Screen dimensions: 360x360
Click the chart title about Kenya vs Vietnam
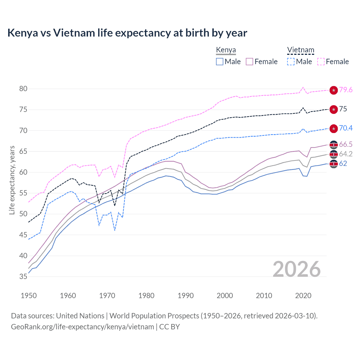pyautogui.click(x=127, y=33)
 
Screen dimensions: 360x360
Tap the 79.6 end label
pyautogui.click(x=346, y=90)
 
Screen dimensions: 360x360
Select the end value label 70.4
pyautogui.click(x=346, y=128)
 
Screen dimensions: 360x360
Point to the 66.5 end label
pyautogui.click(x=346, y=145)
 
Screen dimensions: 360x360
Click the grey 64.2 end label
pyautogui.click(x=346, y=154)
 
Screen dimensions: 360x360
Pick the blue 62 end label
pyautogui.click(x=343, y=164)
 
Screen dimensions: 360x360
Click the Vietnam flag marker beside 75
pyautogui.click(x=334, y=109)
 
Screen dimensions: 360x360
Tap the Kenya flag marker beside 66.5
pyautogui.click(x=334, y=145)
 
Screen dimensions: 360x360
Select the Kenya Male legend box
pyautogui.click(x=220, y=62)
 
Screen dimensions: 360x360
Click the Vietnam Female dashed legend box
pyautogui.click(x=321, y=62)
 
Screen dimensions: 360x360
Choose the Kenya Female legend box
pyautogui.click(x=249, y=62)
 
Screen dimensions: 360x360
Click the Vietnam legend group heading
pyautogui.click(x=300, y=50)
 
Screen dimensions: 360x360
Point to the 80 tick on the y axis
pyautogui.click(x=23, y=89)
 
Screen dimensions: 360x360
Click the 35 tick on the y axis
pyautogui.click(x=23, y=277)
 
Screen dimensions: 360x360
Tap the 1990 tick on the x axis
pyautogui.click(x=186, y=296)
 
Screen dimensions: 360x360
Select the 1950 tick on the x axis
pyautogui.click(x=29, y=296)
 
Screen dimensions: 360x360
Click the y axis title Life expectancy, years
pyautogui.click(x=12, y=180)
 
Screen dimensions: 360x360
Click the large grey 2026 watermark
pyautogui.click(x=297, y=269)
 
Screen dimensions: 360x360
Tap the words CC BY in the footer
pyautogui.click(x=169, y=327)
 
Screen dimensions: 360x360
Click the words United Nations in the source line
pyautogui.click(x=80, y=316)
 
